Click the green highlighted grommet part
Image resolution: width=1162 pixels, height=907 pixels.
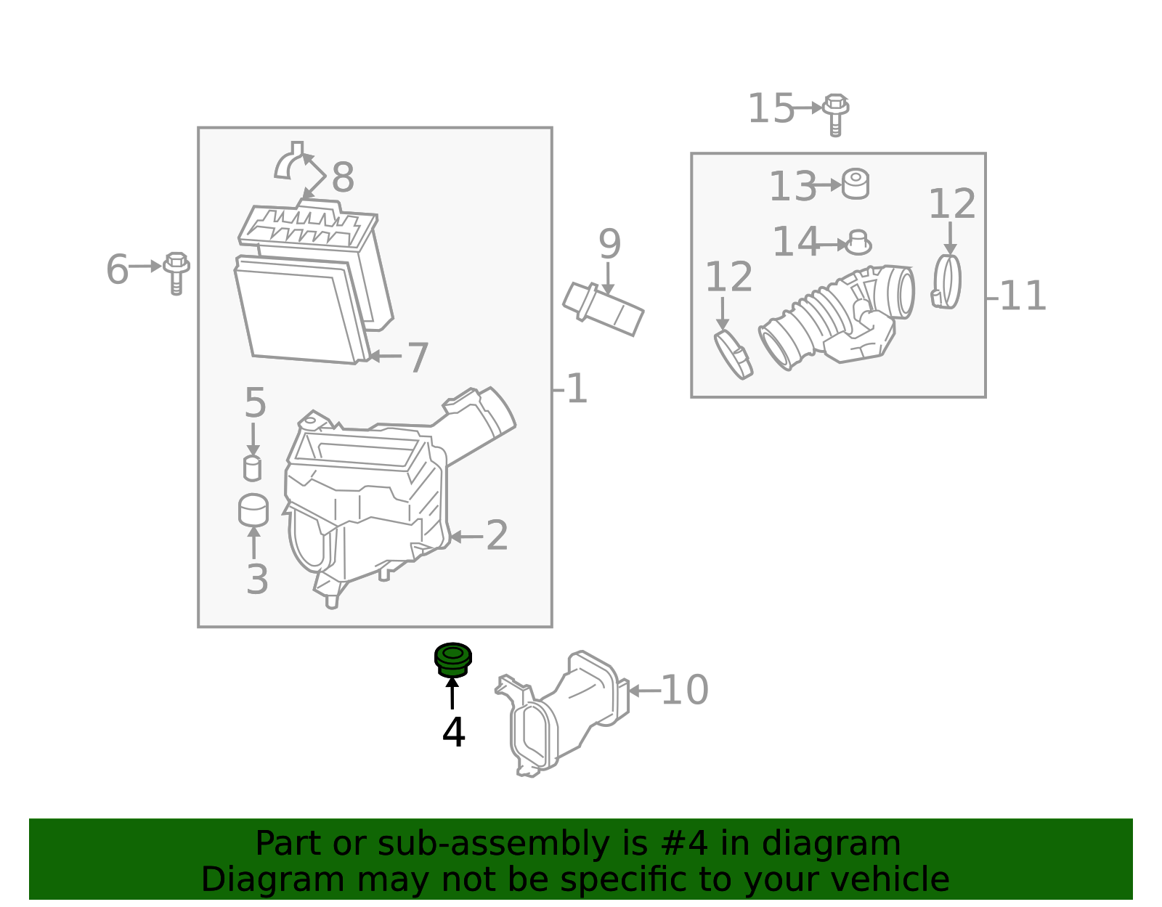pos(452,659)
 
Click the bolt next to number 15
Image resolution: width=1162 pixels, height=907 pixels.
pos(836,114)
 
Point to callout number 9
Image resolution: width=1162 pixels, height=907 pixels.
pos(609,244)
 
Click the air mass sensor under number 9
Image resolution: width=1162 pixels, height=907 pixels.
pos(603,309)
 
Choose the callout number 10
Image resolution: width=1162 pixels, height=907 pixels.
pos(684,690)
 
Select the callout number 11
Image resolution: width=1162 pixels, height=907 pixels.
pos(1023,296)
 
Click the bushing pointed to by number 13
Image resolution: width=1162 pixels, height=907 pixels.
pos(856,184)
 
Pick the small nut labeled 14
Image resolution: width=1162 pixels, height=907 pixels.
pos(858,243)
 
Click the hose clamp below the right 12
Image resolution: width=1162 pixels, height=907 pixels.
pos(947,282)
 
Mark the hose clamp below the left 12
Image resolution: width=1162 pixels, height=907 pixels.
pos(734,354)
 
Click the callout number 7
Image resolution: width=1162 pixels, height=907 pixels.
pos(418,358)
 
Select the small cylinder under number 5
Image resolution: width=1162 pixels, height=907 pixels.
pos(252,468)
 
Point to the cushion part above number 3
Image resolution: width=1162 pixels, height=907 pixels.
pos(253,510)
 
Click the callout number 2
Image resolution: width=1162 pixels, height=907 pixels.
pos(497,536)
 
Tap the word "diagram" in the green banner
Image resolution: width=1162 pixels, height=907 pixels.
pos(831,844)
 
